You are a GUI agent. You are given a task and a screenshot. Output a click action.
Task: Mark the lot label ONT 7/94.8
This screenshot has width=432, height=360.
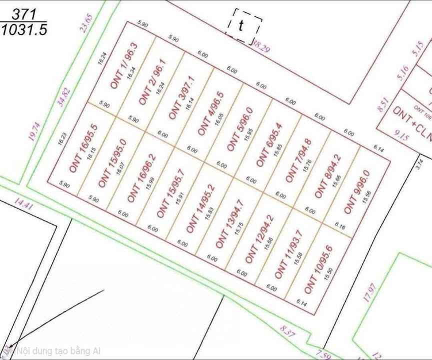[298, 160]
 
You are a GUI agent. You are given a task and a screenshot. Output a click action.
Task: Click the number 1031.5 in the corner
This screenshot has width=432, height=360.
[24, 30]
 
